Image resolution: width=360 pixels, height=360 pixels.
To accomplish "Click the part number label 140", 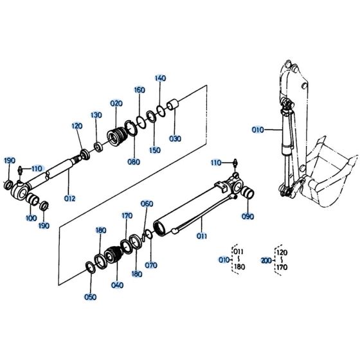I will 161,78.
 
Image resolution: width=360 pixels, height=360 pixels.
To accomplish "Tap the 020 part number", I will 116,103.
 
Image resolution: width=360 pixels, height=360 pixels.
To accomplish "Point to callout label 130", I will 96,115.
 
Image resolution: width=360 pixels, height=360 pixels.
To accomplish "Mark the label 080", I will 134,161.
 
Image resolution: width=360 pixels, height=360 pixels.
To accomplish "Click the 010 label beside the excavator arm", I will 258,129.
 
